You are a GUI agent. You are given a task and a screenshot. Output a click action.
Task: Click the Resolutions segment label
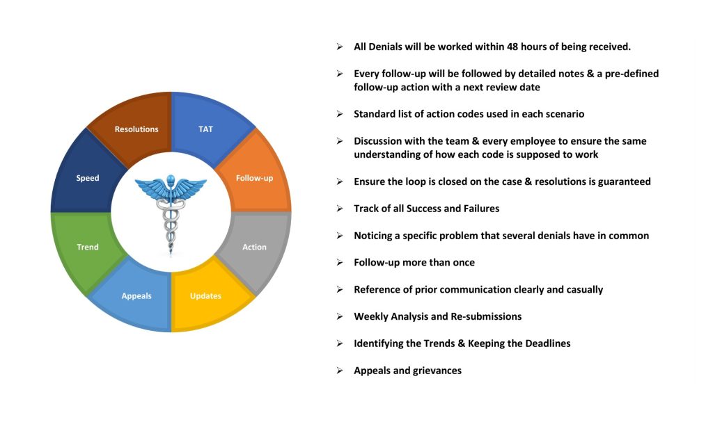pos(136,129)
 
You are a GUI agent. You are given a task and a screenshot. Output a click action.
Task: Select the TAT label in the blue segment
pos(205,129)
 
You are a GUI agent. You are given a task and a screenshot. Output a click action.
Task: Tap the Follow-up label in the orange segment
pos(254,178)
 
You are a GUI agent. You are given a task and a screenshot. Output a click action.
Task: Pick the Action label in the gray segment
pos(254,247)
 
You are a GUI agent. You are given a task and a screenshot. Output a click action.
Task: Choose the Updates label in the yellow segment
pos(205,295)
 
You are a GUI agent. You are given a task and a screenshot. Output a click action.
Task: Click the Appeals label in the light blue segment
pos(136,296)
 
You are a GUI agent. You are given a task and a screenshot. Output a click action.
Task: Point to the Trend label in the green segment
pos(87,247)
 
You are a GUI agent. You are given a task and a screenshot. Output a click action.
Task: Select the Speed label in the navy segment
pos(87,178)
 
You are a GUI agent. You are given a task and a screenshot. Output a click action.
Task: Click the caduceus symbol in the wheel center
pos(171,213)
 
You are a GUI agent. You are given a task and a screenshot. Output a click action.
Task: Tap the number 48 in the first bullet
pos(512,47)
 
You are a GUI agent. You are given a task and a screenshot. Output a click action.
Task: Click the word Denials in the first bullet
pos(384,47)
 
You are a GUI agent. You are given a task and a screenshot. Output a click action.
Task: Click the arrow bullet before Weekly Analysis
pos(340,316)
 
